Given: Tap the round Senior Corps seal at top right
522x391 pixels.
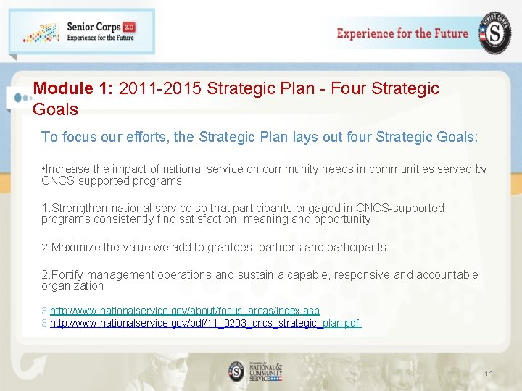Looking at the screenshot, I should [x=494, y=33].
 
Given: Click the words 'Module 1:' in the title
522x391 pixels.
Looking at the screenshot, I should [x=72, y=89].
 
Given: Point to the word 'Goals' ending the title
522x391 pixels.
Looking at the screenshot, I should [x=55, y=109].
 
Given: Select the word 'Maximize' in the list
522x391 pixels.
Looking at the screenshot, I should [x=76, y=248].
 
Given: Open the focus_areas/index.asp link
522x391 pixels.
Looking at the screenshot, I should [x=185, y=311].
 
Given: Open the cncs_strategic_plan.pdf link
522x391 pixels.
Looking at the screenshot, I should [x=205, y=323].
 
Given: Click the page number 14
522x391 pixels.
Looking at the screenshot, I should [x=488, y=373].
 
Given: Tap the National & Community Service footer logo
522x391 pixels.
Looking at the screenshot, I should [x=255, y=370].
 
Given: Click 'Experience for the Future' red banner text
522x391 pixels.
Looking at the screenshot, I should [x=402, y=33].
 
